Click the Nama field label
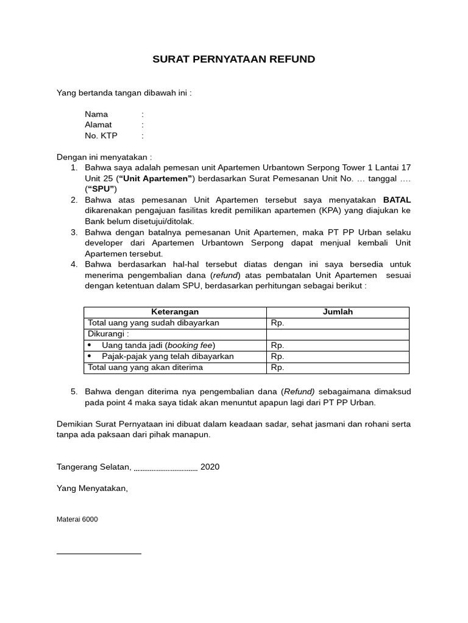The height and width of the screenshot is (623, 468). [96, 114]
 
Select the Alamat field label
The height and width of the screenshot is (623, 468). [98, 125]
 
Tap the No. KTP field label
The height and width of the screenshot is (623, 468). [101, 136]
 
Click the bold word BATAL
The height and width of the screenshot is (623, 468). [397, 200]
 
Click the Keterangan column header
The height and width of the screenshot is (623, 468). [174, 312]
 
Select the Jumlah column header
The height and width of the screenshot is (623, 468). [338, 312]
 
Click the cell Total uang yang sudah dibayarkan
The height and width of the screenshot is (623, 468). [154, 323]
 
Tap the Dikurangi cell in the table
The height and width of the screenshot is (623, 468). [108, 334]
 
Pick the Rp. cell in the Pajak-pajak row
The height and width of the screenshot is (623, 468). [277, 357]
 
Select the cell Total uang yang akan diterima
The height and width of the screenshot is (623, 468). [146, 367]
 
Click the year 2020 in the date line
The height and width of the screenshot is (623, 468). [210, 467]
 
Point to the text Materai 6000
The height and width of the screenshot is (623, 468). [77, 520]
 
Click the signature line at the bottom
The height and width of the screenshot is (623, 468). [99, 554]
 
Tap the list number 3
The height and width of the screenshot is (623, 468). [74, 232]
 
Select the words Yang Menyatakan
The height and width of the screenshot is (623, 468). [92, 489]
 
